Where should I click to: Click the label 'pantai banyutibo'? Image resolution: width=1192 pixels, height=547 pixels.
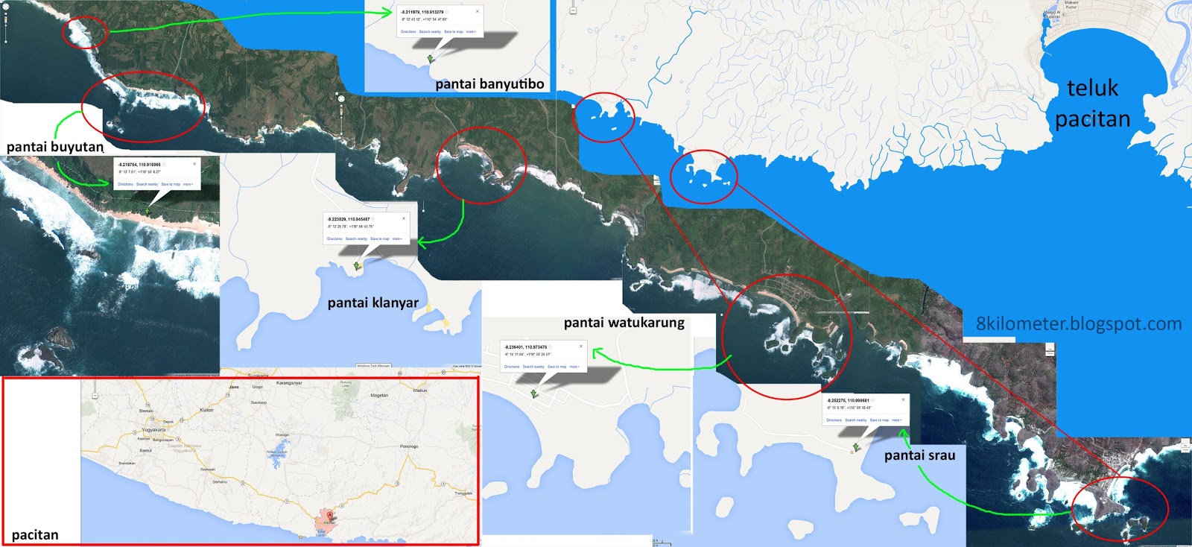click(489, 84)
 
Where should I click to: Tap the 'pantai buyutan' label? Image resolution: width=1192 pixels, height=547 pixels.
click(55, 147)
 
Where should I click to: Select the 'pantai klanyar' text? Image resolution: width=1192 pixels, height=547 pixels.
click(372, 303)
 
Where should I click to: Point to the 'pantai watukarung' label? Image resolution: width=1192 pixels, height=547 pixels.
click(624, 323)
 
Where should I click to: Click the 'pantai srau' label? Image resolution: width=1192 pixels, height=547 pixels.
click(919, 455)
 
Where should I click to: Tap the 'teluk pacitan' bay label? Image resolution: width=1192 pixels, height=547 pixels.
click(1092, 104)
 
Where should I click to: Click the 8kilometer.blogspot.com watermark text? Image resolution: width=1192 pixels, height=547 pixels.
click(1078, 324)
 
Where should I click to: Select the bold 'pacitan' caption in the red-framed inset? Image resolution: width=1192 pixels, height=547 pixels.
click(35, 535)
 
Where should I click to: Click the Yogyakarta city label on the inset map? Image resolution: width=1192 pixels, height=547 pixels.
click(154, 430)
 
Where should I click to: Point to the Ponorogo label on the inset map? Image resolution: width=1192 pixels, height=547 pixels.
click(409, 446)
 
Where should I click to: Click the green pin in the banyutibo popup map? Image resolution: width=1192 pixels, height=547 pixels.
click(430, 58)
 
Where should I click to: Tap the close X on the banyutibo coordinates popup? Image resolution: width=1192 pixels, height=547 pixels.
click(478, 11)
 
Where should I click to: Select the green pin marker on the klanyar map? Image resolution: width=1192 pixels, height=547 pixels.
click(357, 265)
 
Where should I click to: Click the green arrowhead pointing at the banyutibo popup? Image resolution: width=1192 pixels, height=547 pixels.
click(387, 12)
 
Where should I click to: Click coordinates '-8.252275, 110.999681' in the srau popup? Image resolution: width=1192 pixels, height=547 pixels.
click(848, 400)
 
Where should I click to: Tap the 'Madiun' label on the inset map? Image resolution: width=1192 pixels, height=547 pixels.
click(420, 391)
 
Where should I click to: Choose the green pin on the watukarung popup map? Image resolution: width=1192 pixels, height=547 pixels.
click(534, 393)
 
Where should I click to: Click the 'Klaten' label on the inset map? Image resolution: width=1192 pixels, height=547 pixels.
click(206, 410)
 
